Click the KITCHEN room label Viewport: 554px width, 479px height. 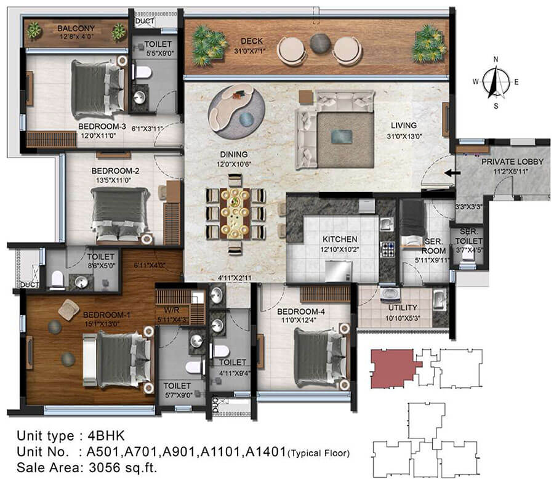pos(340,239)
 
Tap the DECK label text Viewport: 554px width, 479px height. pos(252,41)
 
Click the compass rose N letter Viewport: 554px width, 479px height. pos(496,60)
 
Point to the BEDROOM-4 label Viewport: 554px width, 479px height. pos(300,312)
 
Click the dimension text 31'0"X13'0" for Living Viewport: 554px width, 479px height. pos(404,136)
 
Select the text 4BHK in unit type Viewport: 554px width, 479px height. pos(106,435)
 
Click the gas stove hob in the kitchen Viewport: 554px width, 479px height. pos(388,249)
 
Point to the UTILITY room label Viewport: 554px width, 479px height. pos(403,308)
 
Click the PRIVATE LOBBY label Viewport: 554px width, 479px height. pos(512,161)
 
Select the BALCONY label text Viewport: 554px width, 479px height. pos(76,28)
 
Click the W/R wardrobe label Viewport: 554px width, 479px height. pos(171,310)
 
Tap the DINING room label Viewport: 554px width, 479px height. pos(233,155)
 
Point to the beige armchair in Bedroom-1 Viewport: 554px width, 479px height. pos(68,310)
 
